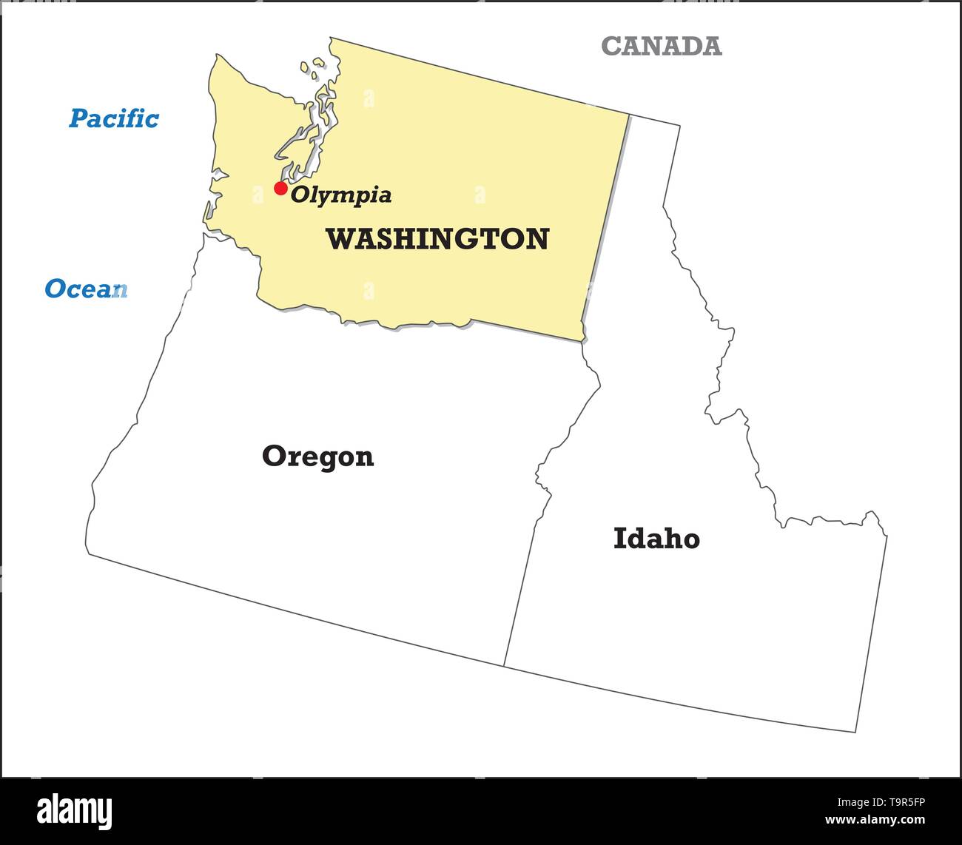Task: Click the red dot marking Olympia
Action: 280,188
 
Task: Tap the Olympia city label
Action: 341,195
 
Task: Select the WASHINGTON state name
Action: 437,239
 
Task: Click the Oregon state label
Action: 318,457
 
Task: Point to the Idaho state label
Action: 656,539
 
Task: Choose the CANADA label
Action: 661,46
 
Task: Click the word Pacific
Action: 114,118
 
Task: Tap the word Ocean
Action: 86,289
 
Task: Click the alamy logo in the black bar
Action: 75,810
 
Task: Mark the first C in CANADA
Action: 611,46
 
